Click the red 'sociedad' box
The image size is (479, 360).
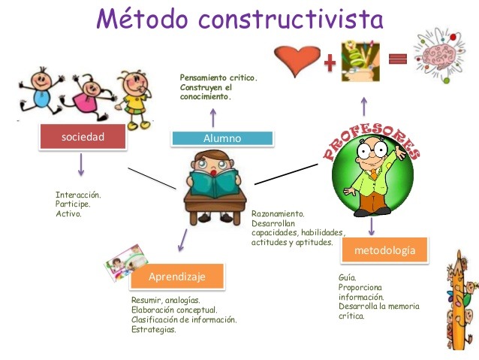(x=82, y=136)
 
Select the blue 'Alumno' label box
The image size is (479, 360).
(x=221, y=138)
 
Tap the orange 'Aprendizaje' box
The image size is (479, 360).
(x=176, y=277)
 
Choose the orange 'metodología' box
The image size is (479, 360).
(x=384, y=250)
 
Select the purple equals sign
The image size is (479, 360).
(x=399, y=58)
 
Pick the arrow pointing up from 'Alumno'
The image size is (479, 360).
(x=212, y=117)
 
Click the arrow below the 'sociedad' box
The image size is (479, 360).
(x=81, y=165)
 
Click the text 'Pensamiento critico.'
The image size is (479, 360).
(x=218, y=77)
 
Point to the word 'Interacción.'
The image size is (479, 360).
(x=78, y=195)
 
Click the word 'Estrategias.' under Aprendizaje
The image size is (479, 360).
(x=154, y=329)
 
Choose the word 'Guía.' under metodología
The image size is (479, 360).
(x=347, y=277)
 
